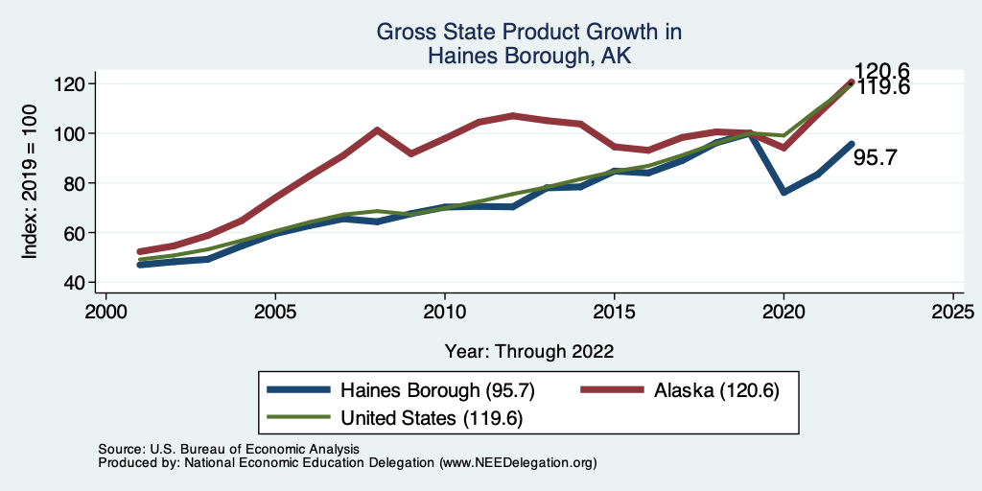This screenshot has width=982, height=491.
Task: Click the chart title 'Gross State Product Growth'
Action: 528,33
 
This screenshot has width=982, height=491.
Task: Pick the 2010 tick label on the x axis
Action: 445,312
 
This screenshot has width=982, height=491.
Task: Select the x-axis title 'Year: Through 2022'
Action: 529,351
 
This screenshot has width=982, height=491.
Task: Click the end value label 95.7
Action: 876,158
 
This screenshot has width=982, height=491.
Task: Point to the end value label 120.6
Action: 883,71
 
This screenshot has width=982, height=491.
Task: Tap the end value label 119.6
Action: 883,87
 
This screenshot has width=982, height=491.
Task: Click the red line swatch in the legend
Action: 611,390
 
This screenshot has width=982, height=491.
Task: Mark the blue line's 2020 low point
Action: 784,192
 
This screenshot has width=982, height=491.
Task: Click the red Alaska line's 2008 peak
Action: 377,129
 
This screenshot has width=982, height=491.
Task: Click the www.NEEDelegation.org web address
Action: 518,463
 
